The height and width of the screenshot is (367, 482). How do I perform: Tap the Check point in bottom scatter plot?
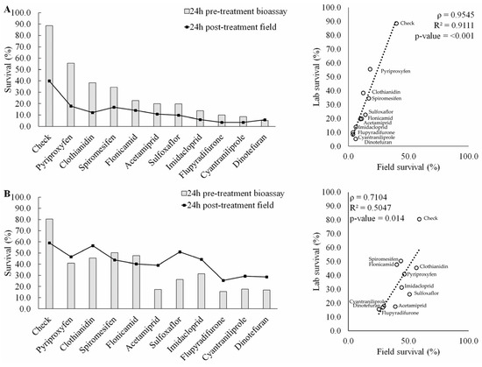419,219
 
